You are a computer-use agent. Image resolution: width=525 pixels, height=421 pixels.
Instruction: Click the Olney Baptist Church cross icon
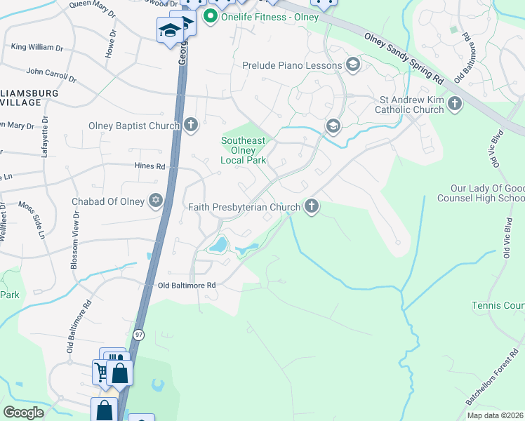click(x=192, y=126)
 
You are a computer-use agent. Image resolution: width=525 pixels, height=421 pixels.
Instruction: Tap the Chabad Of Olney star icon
click(x=156, y=201)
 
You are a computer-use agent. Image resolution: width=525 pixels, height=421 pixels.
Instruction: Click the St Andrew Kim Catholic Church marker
click(x=455, y=105)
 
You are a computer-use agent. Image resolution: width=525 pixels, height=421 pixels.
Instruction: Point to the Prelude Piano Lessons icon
click(x=352, y=66)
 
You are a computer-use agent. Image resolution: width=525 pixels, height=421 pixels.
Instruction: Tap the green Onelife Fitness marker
click(x=210, y=15)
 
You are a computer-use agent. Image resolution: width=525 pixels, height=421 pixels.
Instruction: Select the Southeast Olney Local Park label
click(x=244, y=150)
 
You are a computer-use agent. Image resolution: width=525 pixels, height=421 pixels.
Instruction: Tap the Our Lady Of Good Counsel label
click(x=487, y=194)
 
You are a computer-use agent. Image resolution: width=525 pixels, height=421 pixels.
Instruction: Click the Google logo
click(x=23, y=413)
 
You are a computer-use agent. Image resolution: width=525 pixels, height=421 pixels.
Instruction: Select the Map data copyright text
click(x=495, y=415)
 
